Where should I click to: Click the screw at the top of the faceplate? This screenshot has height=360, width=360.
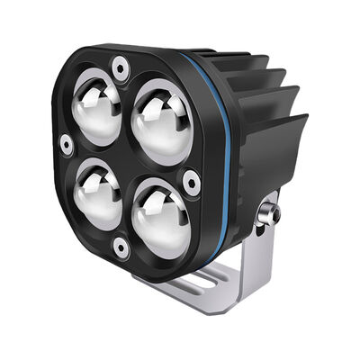coord(120,65)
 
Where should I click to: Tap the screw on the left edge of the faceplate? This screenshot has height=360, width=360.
coord(66,144)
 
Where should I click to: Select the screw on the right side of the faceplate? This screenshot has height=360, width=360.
coord(191,183)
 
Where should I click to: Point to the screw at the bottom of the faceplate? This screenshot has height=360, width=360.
coord(121,246)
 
